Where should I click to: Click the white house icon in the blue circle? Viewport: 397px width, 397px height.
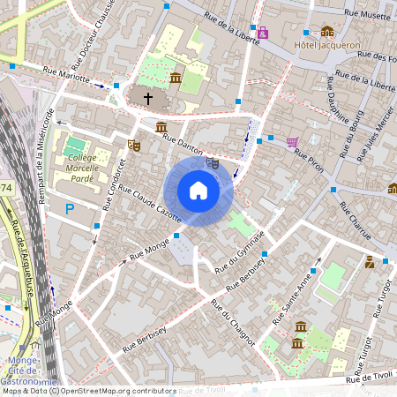[198, 191]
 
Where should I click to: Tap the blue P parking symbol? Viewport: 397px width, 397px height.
[71, 209]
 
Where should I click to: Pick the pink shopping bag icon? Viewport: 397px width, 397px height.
[263, 34]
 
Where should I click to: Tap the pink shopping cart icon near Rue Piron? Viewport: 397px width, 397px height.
[292, 141]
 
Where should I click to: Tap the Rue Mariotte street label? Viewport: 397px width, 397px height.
[66, 76]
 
